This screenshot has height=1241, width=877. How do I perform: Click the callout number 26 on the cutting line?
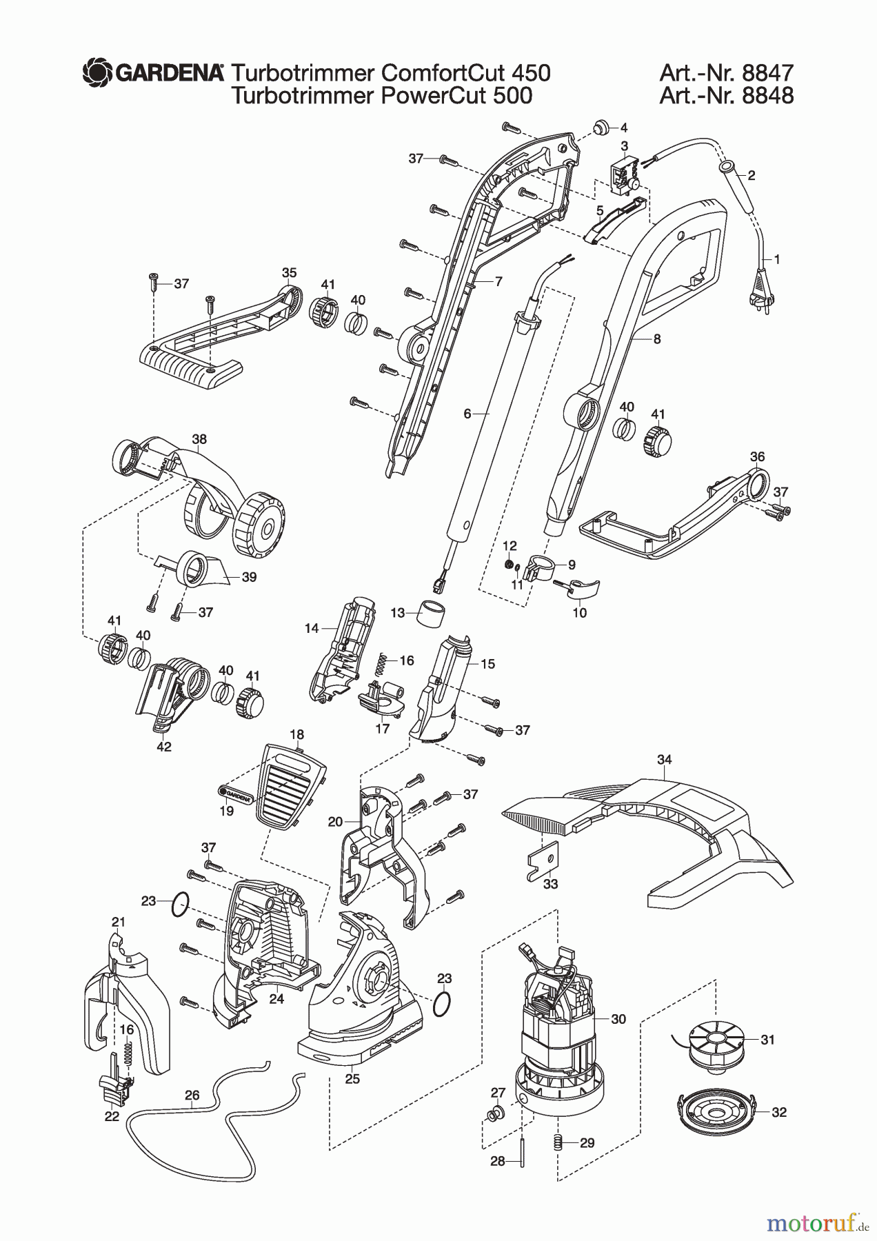click(192, 1096)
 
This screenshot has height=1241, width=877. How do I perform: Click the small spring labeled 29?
click(559, 1142)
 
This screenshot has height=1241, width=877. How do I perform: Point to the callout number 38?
click(199, 439)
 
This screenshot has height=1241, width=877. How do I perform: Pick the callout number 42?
click(164, 746)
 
